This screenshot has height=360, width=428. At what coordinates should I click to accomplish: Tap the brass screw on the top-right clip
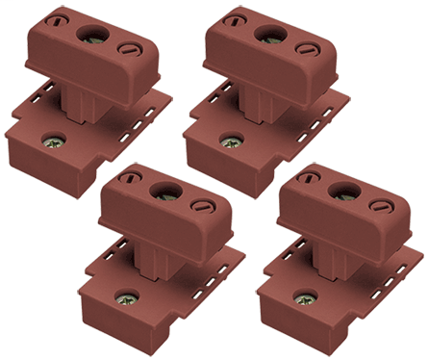[x=231, y=143]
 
